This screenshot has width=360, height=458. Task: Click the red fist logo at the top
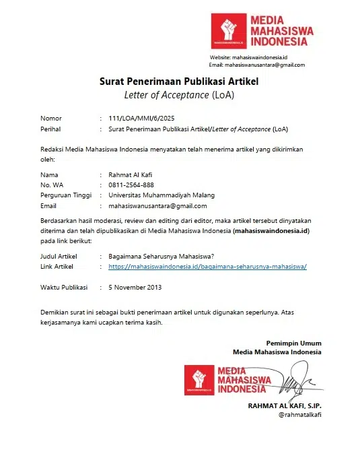tap(229, 31)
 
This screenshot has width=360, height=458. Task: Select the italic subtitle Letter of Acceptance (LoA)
tap(179, 95)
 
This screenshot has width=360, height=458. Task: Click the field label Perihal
tap(52, 128)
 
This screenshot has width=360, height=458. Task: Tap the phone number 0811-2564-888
tap(131, 185)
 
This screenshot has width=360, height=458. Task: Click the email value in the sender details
tap(157, 206)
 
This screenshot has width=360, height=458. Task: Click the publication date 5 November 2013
tap(135, 288)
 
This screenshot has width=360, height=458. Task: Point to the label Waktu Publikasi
tap(64, 288)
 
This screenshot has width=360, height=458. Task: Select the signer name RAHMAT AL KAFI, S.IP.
tap(285, 405)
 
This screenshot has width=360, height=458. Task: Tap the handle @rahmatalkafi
tap(299, 415)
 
